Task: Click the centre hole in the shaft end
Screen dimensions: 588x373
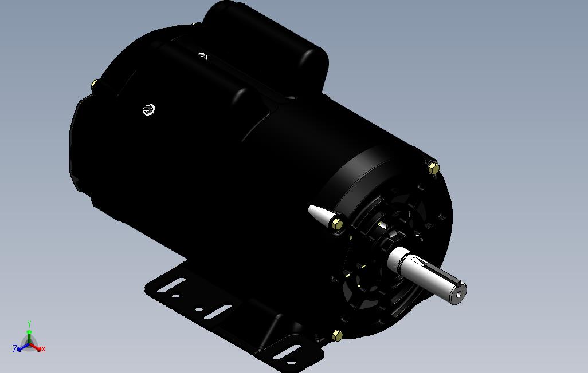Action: [x=458, y=295]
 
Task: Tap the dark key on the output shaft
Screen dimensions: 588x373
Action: [x=436, y=269]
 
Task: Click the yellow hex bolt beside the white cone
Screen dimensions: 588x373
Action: [x=337, y=224]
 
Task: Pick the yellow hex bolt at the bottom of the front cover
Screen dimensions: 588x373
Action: [x=337, y=336]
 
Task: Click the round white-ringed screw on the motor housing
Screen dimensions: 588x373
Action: [x=148, y=110]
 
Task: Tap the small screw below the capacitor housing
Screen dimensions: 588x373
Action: [x=203, y=56]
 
